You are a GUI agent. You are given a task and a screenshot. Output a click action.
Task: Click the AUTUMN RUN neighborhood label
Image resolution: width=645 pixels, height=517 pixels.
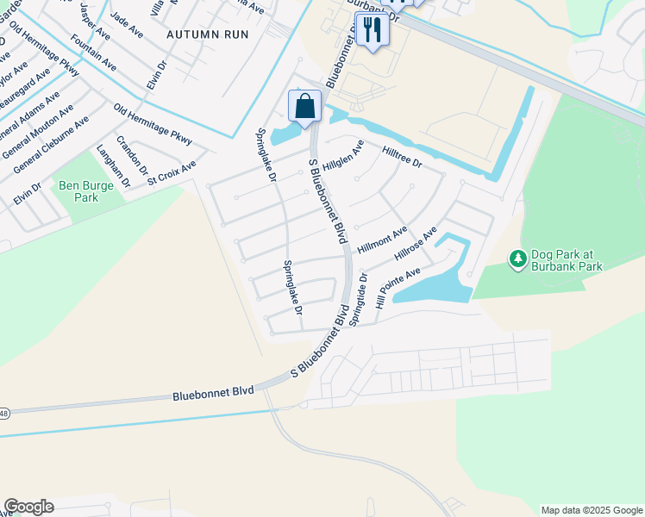[x=207, y=34]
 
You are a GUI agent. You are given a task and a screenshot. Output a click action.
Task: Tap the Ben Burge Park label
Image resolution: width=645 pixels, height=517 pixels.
[x=78, y=190]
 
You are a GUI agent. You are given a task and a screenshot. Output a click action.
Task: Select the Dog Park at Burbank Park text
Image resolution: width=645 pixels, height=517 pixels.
[x=567, y=260]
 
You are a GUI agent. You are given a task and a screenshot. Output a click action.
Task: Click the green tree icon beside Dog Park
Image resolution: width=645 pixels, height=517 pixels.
[x=517, y=258]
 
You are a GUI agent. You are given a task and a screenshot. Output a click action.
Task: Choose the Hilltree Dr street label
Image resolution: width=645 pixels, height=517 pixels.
[x=402, y=157]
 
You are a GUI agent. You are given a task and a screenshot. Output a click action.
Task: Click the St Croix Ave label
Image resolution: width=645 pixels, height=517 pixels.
[x=172, y=171]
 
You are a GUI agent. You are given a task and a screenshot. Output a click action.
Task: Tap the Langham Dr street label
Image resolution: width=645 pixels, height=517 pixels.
[x=113, y=166]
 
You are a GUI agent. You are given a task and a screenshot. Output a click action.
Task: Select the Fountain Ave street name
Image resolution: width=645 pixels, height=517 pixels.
[x=94, y=53]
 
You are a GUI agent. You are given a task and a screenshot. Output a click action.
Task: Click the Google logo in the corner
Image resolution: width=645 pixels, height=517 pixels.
[x=28, y=507]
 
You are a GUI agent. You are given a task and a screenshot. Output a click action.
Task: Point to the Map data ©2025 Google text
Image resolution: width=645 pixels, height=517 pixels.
[x=591, y=510]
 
